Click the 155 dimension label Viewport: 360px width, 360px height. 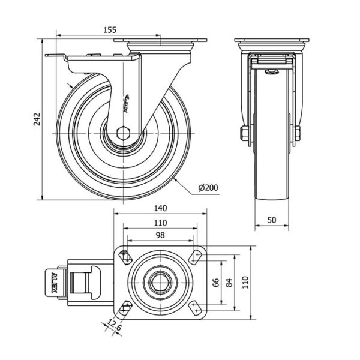pyautogui.click(x=109, y=29)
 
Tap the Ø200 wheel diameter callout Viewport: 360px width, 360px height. pyautogui.click(x=207, y=188)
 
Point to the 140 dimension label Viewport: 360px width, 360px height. pyautogui.click(x=160, y=209)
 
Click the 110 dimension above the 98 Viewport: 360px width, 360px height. pyautogui.click(x=160, y=223)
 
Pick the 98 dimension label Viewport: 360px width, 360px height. pyautogui.click(x=160, y=235)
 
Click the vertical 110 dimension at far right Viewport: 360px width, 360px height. pyautogui.click(x=244, y=282)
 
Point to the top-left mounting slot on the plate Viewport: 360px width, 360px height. pyautogui.click(x=125, y=257)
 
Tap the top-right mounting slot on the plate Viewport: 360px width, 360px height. pyautogui.click(x=194, y=257)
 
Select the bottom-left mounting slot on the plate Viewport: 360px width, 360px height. pyautogui.click(x=125, y=308)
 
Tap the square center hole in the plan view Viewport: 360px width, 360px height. pyautogui.click(x=160, y=282)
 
